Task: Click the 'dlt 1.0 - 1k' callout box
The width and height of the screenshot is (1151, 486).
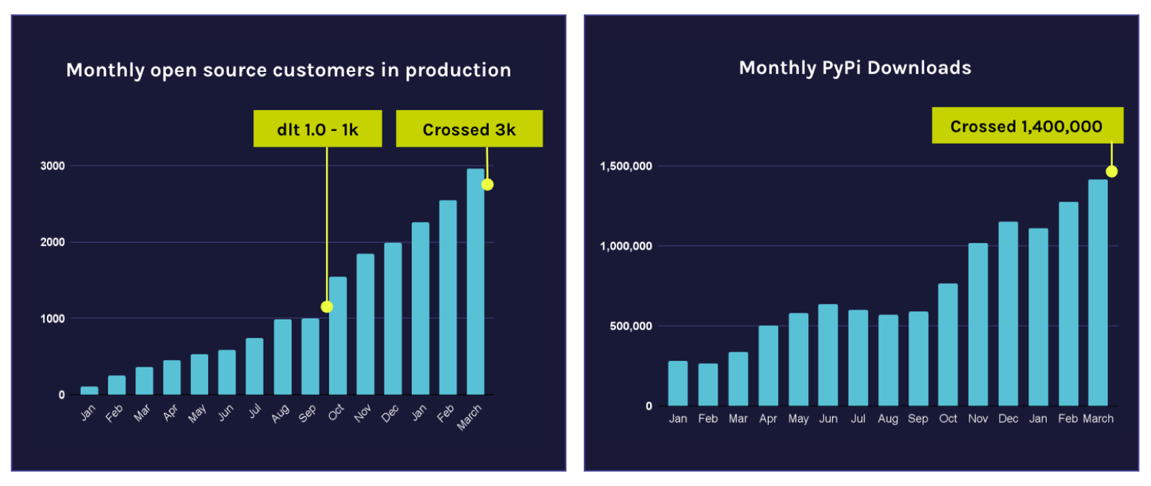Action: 318,129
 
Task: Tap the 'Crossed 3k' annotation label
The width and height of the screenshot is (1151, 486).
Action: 469,129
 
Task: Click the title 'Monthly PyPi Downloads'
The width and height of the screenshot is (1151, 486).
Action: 855,67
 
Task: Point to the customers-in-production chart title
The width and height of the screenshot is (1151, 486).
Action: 289,70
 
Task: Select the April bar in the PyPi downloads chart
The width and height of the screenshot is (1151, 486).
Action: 768,366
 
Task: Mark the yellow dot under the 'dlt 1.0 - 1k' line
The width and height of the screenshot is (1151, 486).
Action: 327,307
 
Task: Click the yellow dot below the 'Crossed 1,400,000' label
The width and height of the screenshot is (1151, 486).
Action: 1111,171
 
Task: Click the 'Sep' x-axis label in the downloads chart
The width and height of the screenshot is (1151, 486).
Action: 918,419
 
